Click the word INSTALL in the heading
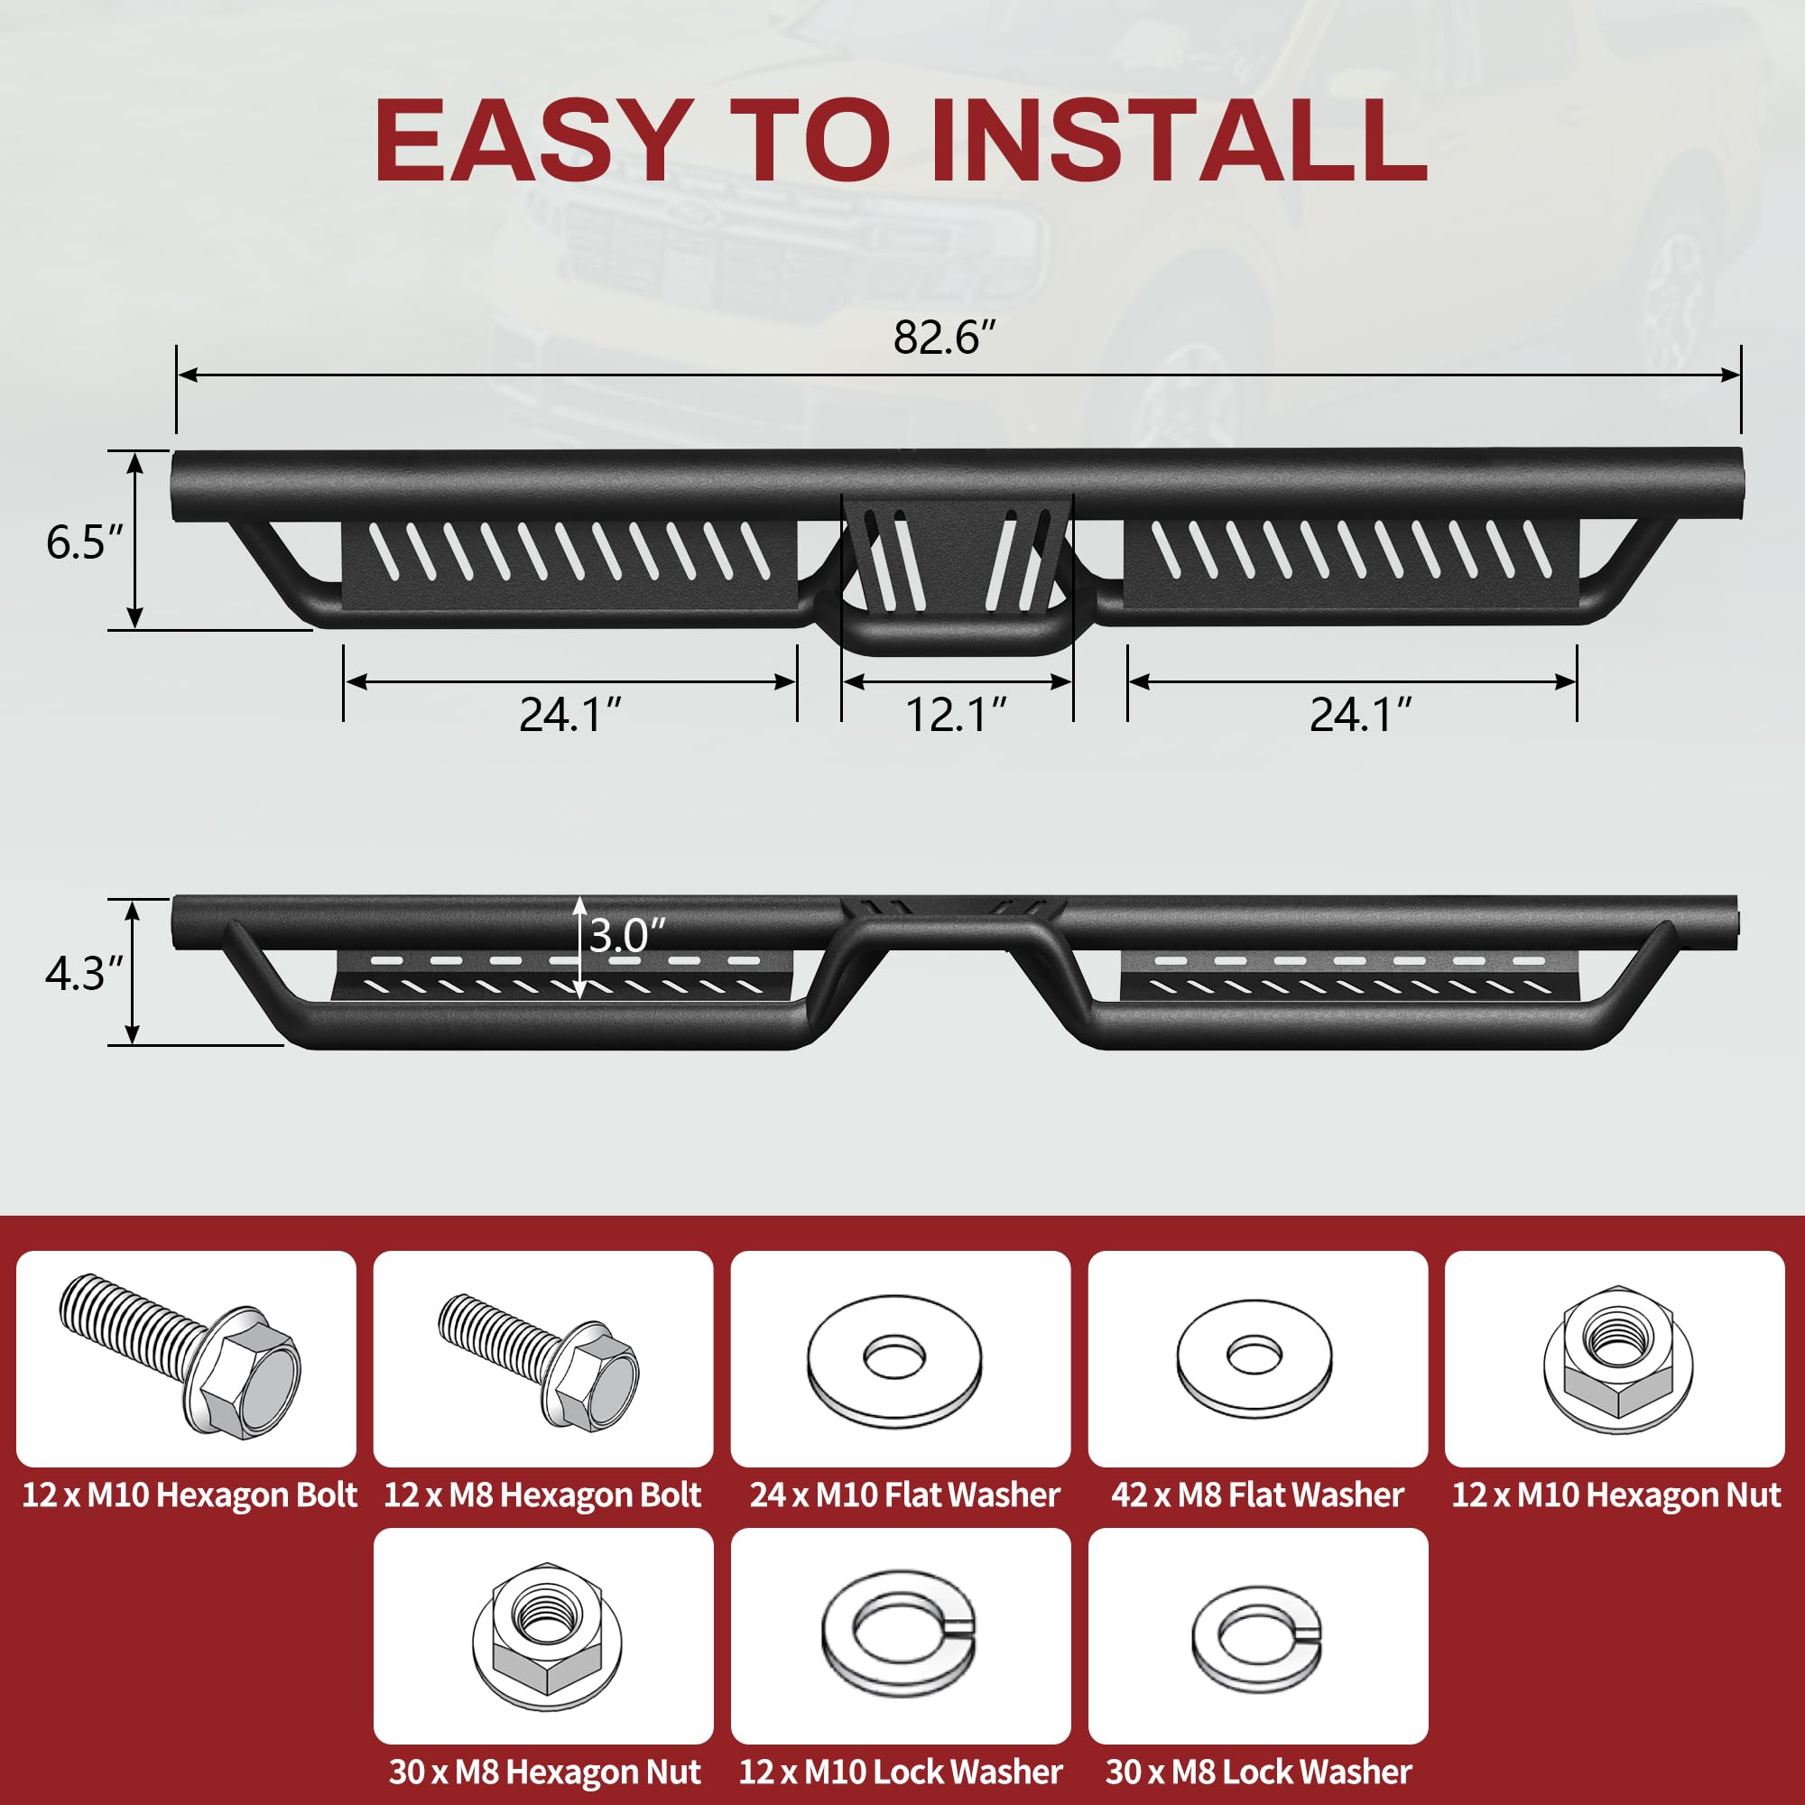point(1179,140)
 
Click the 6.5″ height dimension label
point(85,541)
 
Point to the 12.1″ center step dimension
point(957,715)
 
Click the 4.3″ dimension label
point(85,974)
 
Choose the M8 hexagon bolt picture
point(539,1357)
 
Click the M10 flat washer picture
point(895,1359)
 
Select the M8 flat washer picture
point(1254,1360)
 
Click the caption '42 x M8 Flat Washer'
point(1257,1495)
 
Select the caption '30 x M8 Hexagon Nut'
point(545,1772)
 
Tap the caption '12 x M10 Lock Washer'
point(901,1772)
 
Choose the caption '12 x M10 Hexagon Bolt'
point(189,1495)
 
